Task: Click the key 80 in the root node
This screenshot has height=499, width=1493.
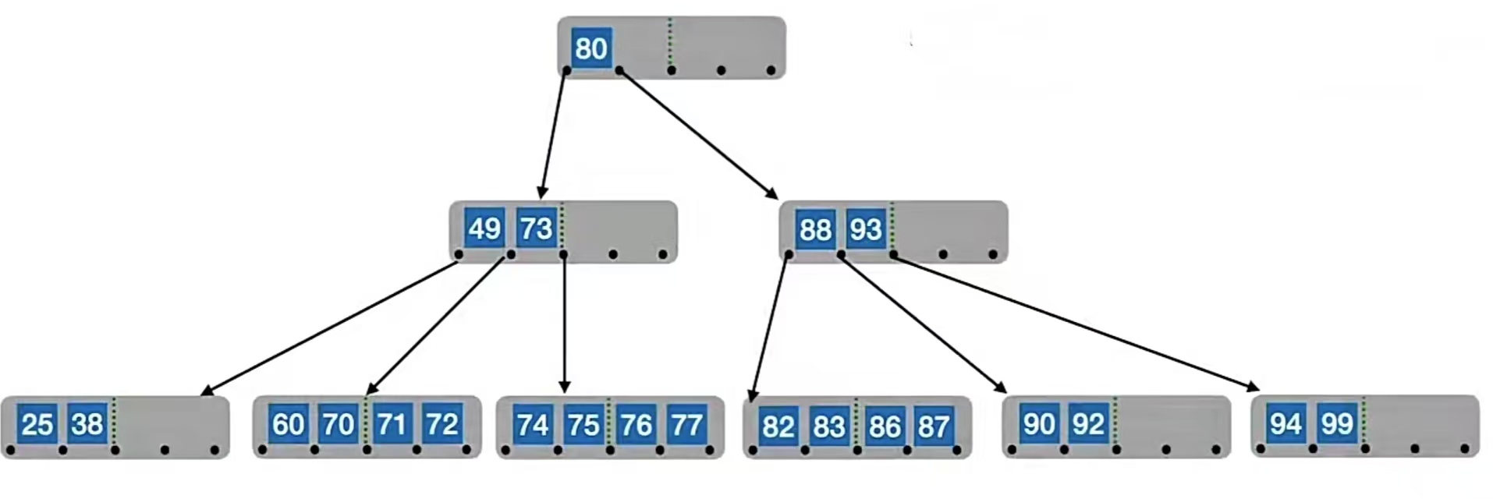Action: click(x=590, y=48)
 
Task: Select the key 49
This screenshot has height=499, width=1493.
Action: click(x=484, y=228)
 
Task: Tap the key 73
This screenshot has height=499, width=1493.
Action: click(x=536, y=228)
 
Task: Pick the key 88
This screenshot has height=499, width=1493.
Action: click(x=815, y=229)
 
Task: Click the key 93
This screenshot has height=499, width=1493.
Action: click(x=866, y=229)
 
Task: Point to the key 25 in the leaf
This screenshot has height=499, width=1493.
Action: click(x=37, y=424)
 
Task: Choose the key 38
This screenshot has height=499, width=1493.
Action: click(x=87, y=424)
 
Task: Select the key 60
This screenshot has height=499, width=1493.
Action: click(x=288, y=424)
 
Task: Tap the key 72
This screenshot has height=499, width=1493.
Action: click(x=442, y=424)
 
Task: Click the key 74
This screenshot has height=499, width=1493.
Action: click(x=533, y=425)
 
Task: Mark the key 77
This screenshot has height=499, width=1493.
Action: click(x=686, y=425)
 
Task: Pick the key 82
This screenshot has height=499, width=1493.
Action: click(x=778, y=426)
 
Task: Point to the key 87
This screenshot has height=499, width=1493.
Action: click(x=933, y=426)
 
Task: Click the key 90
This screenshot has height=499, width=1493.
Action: click(x=1038, y=423)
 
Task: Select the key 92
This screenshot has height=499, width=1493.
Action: click(x=1088, y=423)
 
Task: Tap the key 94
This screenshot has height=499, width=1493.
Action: click(x=1286, y=423)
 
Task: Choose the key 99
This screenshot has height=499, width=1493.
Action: click(x=1336, y=423)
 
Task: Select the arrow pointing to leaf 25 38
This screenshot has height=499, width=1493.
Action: click(x=328, y=327)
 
